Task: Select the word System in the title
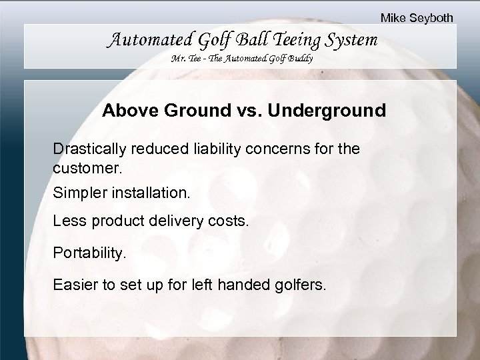tap(351, 41)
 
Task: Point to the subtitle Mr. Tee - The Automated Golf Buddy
tap(243, 59)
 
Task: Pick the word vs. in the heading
tap(247, 111)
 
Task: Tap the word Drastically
tap(87, 148)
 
